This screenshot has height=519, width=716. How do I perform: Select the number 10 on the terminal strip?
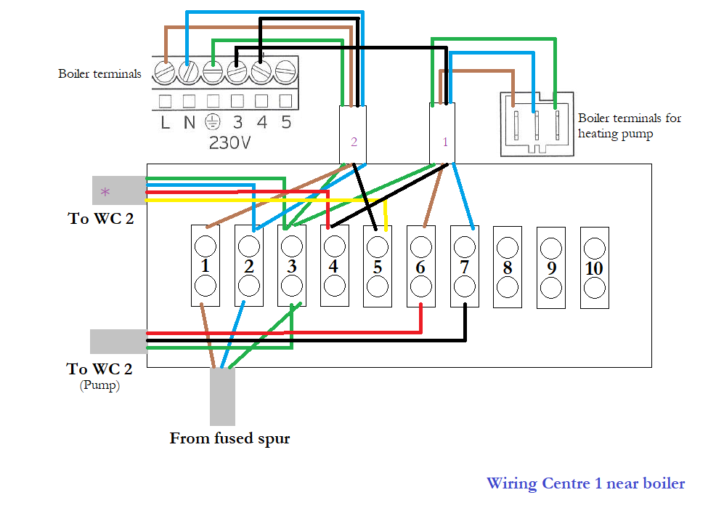pos(594,267)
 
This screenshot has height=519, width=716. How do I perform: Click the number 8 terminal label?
pos(508,267)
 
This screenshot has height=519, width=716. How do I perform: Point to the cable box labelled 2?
pos(353,135)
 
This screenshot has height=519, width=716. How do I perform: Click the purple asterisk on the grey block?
pos(105,192)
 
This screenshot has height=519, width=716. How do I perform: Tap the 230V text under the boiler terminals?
pos(229,142)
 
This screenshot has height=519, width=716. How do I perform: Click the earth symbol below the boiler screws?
pos(213,121)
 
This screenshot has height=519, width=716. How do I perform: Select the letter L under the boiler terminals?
pos(165,122)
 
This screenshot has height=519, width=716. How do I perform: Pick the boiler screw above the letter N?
pos(189,72)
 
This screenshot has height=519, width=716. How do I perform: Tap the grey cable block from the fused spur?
pos(222,397)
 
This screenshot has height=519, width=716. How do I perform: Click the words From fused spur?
pos(229,438)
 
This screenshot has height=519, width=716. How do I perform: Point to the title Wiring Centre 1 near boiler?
pos(585,483)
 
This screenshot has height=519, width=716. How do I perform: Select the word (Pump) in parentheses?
pos(99,385)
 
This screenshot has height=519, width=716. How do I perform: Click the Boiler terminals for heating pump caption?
pos(629,126)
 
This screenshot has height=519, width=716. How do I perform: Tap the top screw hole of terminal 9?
pos(551,246)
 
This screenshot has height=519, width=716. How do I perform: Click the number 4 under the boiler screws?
pos(261,122)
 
